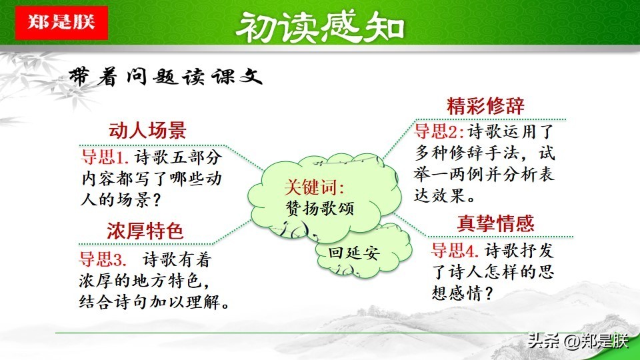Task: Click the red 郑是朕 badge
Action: tap(61, 23)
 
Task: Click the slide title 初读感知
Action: tap(320, 27)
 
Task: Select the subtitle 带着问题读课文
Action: tap(165, 76)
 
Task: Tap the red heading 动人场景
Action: tap(147, 130)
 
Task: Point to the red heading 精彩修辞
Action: tap(486, 106)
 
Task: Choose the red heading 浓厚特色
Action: tap(145, 231)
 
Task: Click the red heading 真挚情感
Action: tap(495, 223)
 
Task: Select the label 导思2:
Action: tap(439, 131)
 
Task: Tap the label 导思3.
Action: tap(103, 259)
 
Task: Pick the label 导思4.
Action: tap(455, 250)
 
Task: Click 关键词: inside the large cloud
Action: tap(314, 187)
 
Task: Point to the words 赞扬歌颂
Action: tap(319, 208)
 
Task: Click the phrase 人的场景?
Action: tap(121, 200)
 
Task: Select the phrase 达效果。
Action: tap(445, 195)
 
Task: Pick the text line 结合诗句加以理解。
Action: tap(154, 302)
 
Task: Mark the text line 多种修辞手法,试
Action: tap(485, 153)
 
